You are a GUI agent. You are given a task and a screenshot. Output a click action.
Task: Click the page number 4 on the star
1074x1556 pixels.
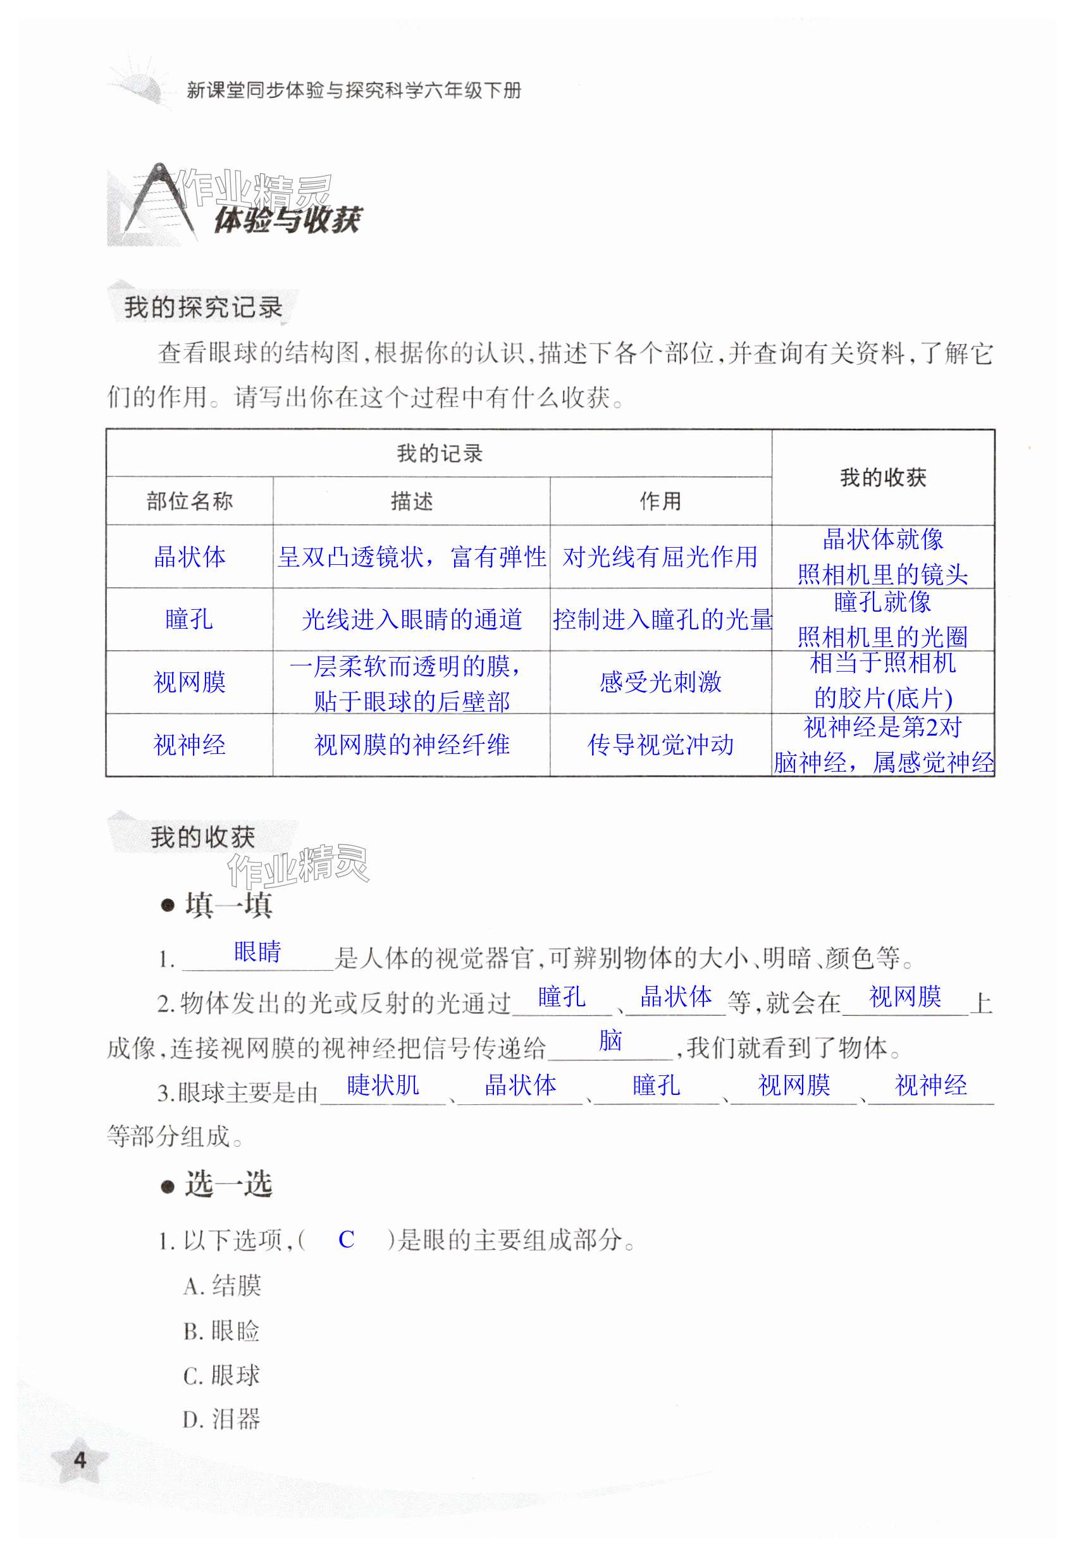(x=80, y=1460)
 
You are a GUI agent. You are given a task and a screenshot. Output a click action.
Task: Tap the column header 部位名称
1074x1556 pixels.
(x=189, y=501)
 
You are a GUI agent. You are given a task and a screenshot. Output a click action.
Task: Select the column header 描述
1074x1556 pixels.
(x=411, y=501)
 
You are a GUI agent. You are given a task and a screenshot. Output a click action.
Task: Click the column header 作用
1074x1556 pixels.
(x=660, y=501)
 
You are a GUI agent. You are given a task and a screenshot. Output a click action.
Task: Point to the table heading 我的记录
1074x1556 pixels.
(x=439, y=453)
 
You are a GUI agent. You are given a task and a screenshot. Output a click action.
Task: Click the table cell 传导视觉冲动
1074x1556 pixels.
(x=660, y=744)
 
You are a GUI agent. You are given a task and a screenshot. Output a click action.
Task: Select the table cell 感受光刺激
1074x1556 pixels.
(x=660, y=682)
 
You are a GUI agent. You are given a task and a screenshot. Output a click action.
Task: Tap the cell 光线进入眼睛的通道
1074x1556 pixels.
(x=411, y=619)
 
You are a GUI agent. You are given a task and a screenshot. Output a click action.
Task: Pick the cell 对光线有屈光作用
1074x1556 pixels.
(x=660, y=557)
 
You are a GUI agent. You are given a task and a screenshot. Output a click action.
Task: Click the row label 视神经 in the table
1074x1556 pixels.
(x=189, y=744)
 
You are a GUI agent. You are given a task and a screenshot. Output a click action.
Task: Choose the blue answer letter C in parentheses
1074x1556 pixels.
(x=346, y=1239)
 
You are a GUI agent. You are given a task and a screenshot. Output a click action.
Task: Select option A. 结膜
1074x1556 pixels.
(x=222, y=1285)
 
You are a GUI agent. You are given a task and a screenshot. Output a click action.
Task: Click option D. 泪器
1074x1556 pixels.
(x=221, y=1419)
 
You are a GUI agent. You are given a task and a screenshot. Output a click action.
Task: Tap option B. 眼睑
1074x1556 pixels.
(x=221, y=1331)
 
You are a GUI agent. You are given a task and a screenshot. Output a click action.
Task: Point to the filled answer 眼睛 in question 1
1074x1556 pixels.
(x=257, y=952)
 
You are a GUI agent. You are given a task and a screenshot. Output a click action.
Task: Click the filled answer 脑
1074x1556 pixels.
(x=610, y=1040)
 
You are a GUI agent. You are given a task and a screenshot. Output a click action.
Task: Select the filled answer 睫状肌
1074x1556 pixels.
(x=383, y=1085)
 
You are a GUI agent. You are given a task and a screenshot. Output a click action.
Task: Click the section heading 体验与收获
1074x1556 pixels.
(x=287, y=219)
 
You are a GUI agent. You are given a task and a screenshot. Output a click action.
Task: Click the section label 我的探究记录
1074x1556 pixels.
(x=202, y=307)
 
